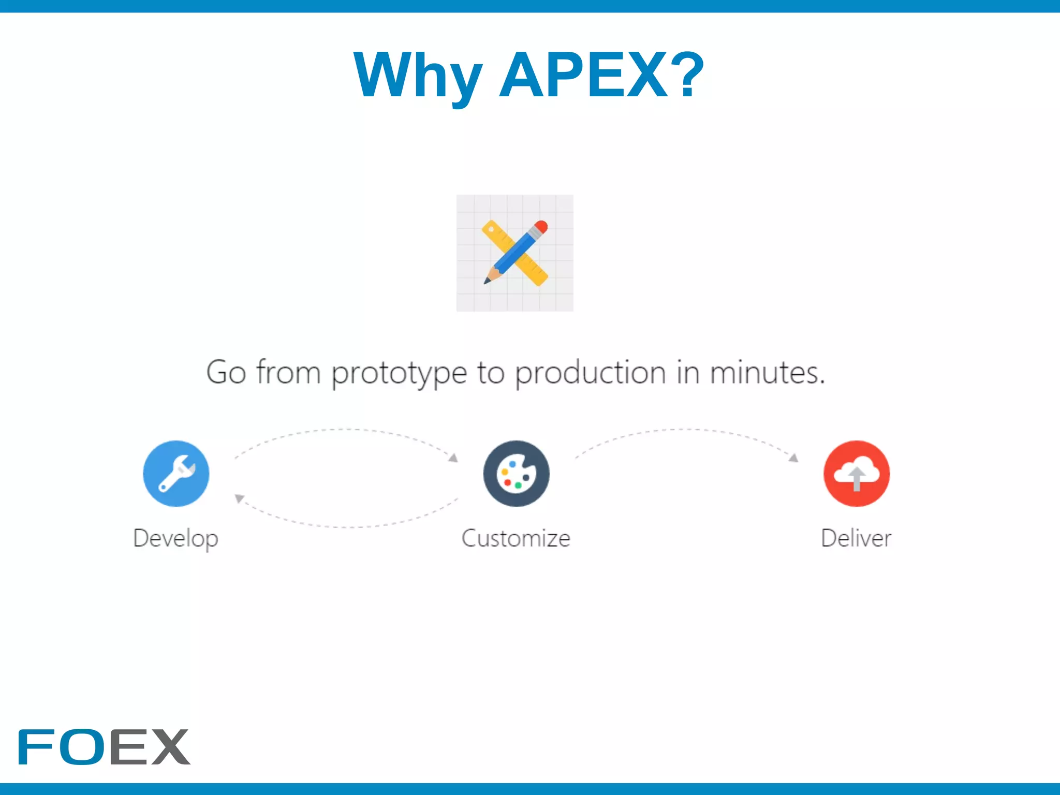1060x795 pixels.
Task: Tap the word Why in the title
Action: coord(417,76)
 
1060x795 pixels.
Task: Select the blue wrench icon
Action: coord(176,473)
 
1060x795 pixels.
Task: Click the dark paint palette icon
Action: coord(516,473)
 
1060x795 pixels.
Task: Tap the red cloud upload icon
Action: coord(856,473)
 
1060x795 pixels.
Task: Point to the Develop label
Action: coord(176,538)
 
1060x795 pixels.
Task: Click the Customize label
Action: coord(516,538)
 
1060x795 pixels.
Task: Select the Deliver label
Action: coord(856,538)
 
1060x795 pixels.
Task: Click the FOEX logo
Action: coord(104,746)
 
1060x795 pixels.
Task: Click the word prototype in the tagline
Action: coord(399,373)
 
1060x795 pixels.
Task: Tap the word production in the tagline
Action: coord(591,373)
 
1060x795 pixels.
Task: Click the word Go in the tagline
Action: coord(226,373)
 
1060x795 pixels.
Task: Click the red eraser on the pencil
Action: coord(541,227)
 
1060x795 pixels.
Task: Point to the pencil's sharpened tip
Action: coord(487,281)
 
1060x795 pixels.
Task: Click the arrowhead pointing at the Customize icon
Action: coord(453,458)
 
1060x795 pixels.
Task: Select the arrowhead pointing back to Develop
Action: coord(239,498)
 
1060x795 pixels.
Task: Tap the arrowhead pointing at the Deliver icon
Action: coord(793,458)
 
